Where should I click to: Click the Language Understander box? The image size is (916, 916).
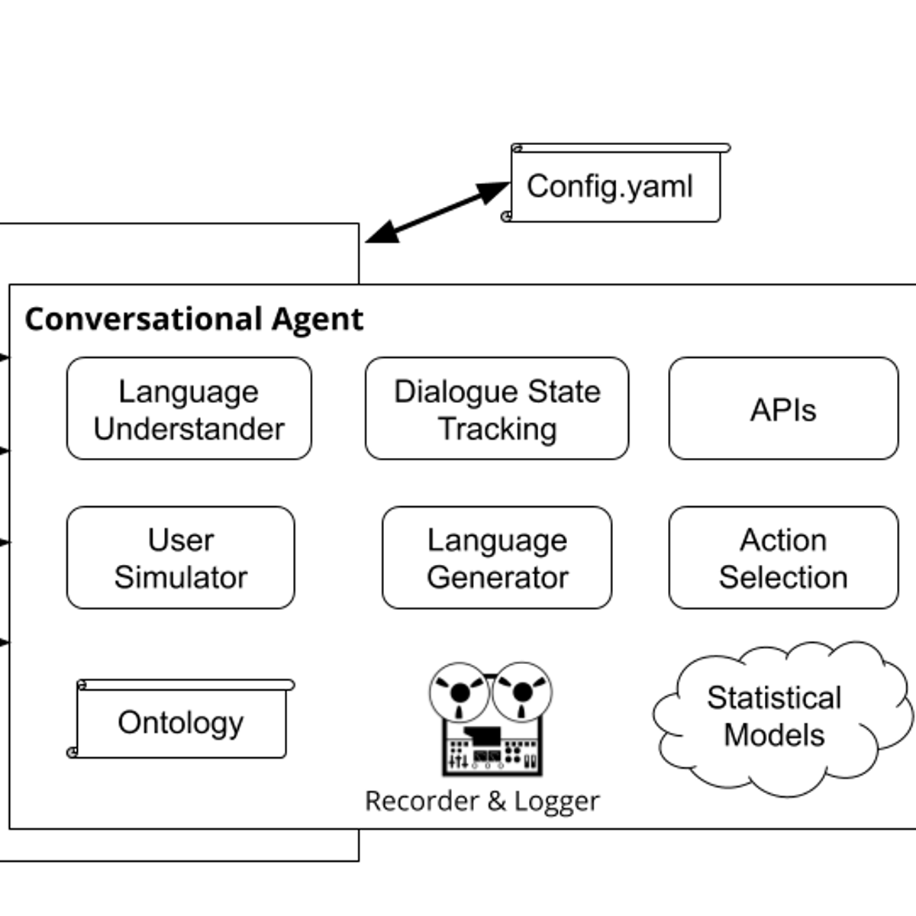(189, 408)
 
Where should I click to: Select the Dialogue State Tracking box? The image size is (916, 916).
(497, 408)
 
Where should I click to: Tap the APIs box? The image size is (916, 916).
(783, 408)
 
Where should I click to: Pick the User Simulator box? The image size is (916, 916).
(181, 558)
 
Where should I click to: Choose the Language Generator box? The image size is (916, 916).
(497, 558)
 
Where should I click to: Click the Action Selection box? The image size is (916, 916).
(783, 558)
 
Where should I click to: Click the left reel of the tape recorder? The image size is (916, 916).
(460, 692)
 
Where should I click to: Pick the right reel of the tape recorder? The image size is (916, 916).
(522, 692)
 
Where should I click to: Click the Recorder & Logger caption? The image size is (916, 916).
(482, 801)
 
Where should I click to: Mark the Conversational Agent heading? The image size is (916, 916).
(194, 319)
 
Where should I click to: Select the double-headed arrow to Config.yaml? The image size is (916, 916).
(437, 212)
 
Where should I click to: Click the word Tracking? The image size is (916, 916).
(497, 429)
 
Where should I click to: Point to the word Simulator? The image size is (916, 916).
(181, 578)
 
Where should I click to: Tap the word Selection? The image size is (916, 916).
(783, 578)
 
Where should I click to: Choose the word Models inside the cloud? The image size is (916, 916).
(774, 735)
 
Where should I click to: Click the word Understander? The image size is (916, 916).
(189, 429)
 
